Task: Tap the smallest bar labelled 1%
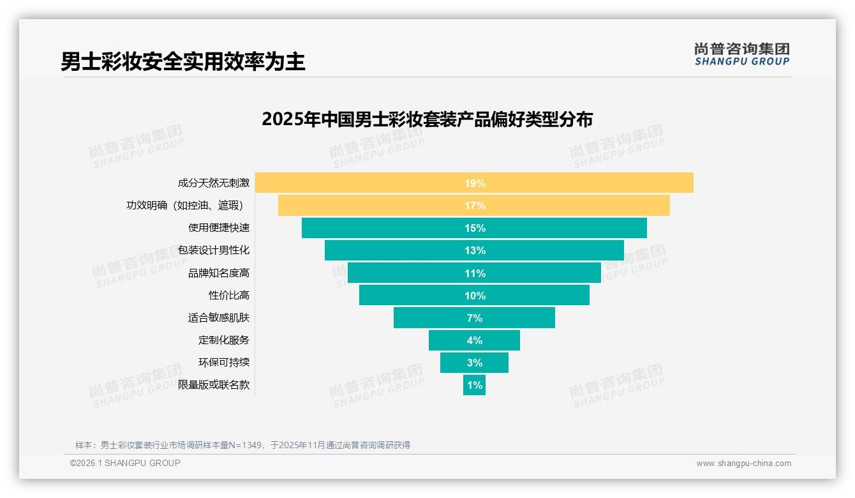(x=474, y=385)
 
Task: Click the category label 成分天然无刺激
(x=213, y=183)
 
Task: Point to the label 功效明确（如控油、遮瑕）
(x=185, y=206)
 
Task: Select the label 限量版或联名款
(x=213, y=385)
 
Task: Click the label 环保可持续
(x=223, y=363)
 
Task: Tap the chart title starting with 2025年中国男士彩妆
(x=427, y=119)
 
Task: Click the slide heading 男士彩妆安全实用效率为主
(x=183, y=61)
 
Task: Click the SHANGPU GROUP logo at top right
(x=741, y=54)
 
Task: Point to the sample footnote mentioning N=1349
(x=242, y=445)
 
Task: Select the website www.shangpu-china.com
(x=743, y=464)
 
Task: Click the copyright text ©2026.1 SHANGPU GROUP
(x=125, y=463)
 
